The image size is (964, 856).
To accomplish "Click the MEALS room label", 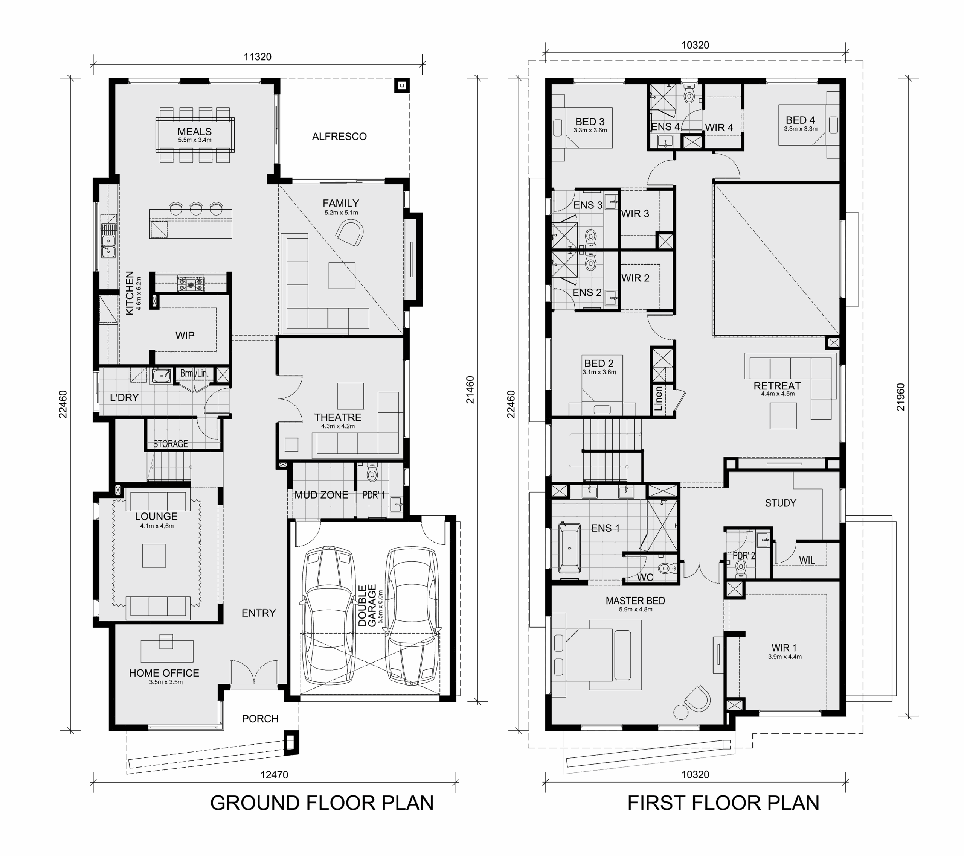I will coord(194,132).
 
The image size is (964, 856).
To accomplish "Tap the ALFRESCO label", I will coord(339,137).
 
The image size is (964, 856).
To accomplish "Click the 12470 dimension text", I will coord(274,774).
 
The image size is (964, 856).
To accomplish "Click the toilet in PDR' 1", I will coord(372,473).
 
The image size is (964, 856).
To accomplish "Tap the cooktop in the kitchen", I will coord(191,284).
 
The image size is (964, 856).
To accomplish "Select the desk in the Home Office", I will coord(167,650).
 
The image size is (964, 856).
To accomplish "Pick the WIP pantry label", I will coord(185,336).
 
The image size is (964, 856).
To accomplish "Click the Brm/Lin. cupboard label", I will coord(194,373).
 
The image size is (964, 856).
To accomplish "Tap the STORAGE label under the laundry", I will coord(170,444).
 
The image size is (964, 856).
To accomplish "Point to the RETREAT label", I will coord(777,386).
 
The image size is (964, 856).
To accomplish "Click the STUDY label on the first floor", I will coord(781,503).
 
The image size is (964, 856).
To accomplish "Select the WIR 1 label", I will coord(784,648).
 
